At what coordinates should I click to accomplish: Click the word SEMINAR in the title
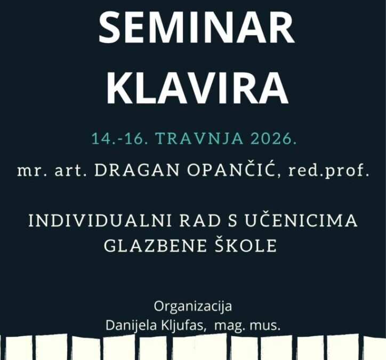pyautogui.click(x=196, y=30)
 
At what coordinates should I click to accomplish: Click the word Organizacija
pyautogui.click(x=193, y=307)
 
